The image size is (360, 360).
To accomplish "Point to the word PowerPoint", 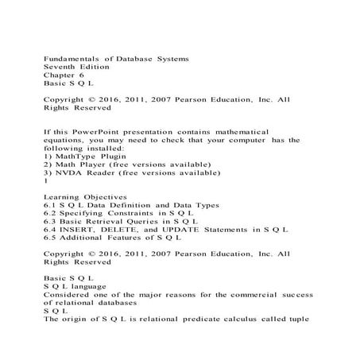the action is pos(103,130).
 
